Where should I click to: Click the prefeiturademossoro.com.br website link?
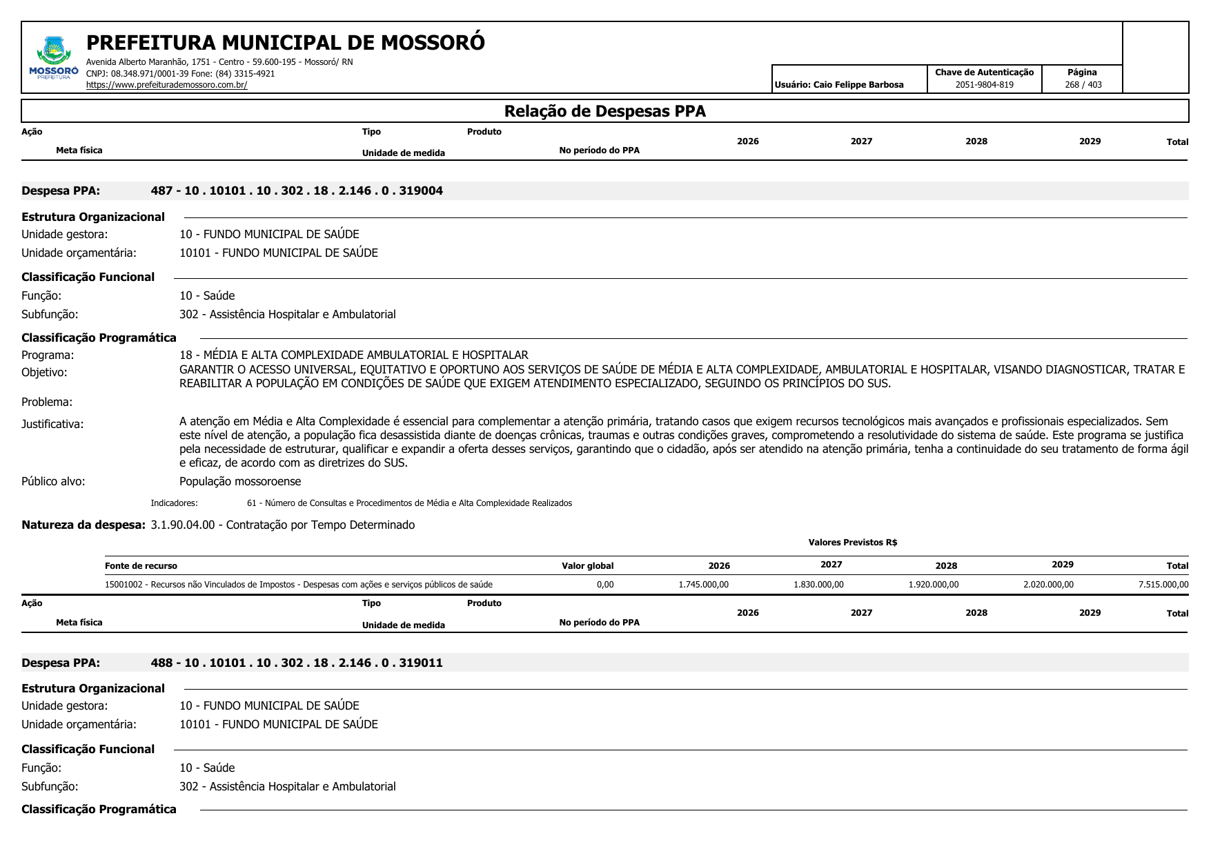(x=166, y=85)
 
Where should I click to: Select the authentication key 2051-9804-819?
(x=984, y=85)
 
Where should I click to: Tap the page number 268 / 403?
(x=1083, y=85)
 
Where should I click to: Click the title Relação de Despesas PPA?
(x=604, y=111)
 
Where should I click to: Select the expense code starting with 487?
(x=297, y=191)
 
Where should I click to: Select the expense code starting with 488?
(x=297, y=663)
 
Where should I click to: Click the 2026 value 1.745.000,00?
(x=703, y=585)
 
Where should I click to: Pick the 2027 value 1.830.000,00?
(x=818, y=585)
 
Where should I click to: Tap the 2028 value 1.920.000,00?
(x=933, y=585)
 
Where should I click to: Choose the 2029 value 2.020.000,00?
(x=1048, y=585)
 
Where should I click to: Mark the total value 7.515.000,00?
(x=1163, y=585)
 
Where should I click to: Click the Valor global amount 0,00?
(x=604, y=585)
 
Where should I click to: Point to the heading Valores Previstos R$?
(x=852, y=543)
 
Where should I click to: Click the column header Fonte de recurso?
(x=141, y=566)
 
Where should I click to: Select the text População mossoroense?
(x=240, y=481)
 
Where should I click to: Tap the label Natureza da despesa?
(x=83, y=525)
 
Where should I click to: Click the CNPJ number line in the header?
(x=180, y=73)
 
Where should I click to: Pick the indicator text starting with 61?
(x=409, y=503)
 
